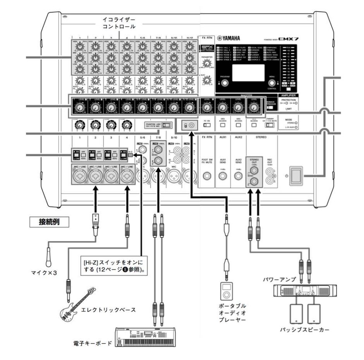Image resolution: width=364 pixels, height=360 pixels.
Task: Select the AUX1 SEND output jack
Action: click(223, 176)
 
